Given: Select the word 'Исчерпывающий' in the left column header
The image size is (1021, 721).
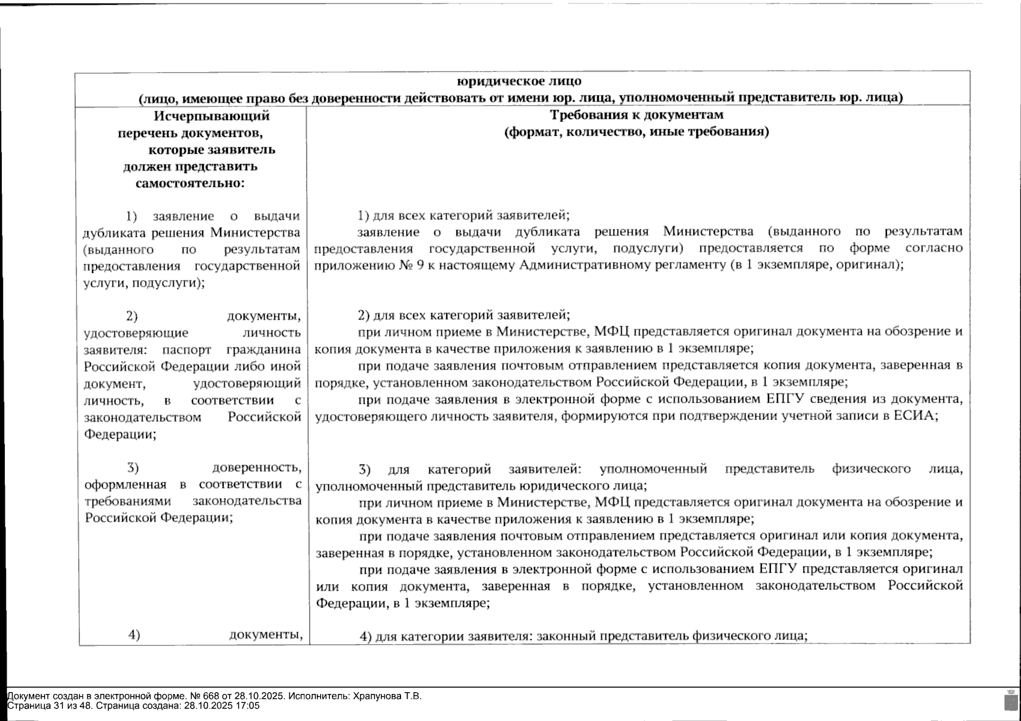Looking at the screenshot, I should (x=211, y=115).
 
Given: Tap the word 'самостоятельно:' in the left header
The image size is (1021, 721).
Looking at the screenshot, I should (x=190, y=183).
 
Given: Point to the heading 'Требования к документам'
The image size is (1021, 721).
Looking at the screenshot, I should (x=637, y=115).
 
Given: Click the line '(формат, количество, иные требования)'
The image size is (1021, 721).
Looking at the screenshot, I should (x=637, y=132).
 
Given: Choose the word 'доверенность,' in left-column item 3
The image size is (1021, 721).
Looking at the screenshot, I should (x=257, y=467).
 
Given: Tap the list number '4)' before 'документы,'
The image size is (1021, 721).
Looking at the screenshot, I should (x=134, y=634).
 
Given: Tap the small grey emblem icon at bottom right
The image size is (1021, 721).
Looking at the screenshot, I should (x=1010, y=700).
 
